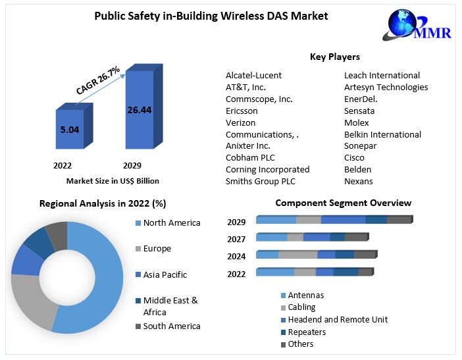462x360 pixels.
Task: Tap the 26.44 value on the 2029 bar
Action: click(x=140, y=110)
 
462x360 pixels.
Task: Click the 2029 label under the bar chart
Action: click(x=132, y=165)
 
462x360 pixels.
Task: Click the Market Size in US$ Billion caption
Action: click(x=113, y=180)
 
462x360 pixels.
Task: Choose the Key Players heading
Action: click(x=334, y=57)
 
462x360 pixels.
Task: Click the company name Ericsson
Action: click(x=242, y=111)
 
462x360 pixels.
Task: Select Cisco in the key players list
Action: click(x=355, y=157)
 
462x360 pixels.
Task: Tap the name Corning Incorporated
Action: click(x=267, y=169)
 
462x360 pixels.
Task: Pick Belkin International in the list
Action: click(x=382, y=134)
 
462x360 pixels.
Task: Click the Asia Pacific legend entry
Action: click(x=165, y=274)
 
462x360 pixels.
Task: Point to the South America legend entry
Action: click(x=171, y=326)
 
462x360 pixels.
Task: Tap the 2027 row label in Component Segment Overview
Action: click(x=236, y=239)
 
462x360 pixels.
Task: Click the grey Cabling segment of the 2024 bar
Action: click(x=297, y=255)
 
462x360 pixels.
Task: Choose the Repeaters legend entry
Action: click(x=307, y=332)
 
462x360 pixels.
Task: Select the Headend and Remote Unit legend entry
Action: click(x=338, y=320)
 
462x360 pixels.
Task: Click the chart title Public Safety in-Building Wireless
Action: click(x=211, y=15)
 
